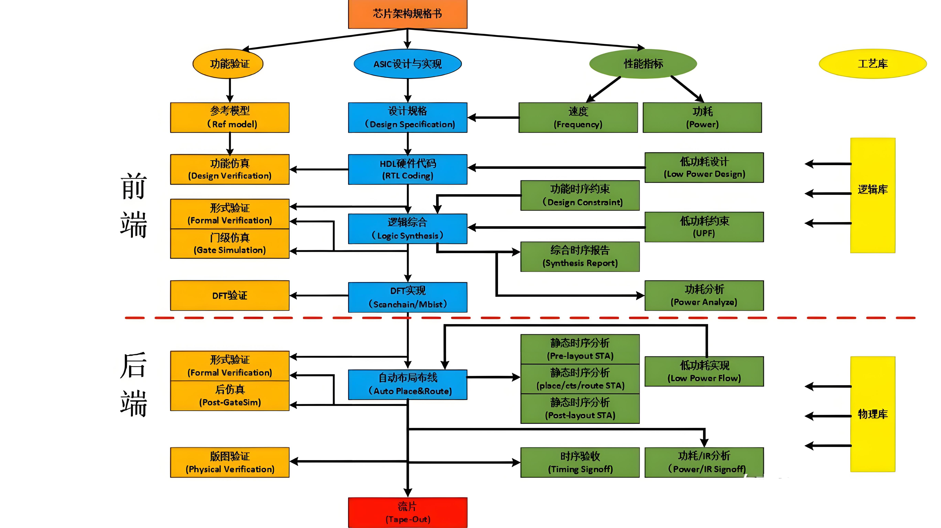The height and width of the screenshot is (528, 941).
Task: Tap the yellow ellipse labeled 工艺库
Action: click(x=872, y=64)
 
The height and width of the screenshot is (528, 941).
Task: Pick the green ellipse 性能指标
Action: click(x=643, y=64)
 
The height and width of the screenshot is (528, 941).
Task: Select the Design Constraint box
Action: click(x=580, y=195)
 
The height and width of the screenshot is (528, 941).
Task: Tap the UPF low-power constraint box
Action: click(x=704, y=227)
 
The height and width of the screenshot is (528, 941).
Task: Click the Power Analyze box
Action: click(x=704, y=295)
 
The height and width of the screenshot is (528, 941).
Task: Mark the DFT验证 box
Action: click(x=230, y=295)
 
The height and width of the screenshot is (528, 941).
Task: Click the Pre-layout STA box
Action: click(x=580, y=349)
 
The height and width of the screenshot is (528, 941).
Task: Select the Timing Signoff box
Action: click(x=580, y=462)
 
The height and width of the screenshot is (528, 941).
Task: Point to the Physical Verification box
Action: click(x=230, y=462)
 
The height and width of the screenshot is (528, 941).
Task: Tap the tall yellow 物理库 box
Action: click(x=872, y=414)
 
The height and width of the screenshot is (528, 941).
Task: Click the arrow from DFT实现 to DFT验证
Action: click(x=318, y=295)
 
